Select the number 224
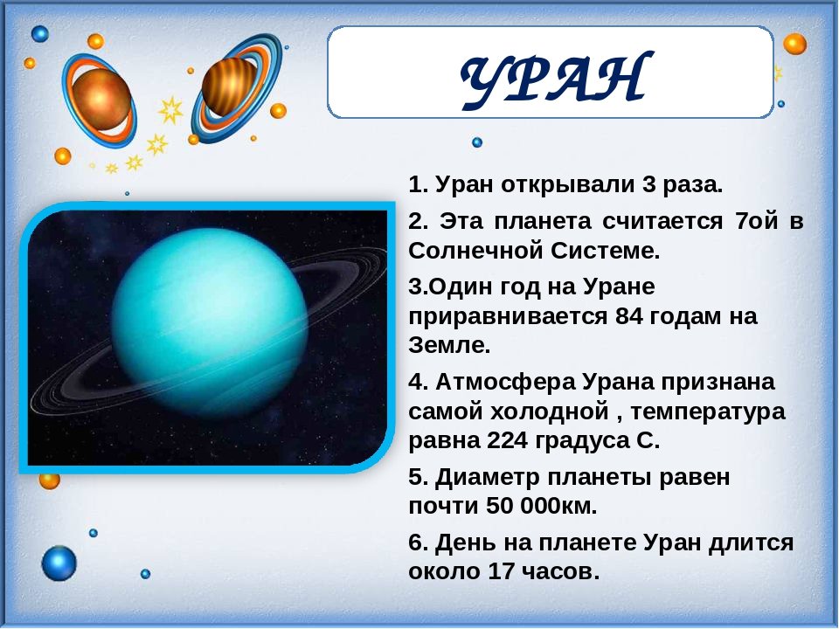tap(507, 440)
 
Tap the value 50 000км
tap(541, 506)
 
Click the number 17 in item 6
tap(501, 571)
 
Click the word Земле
tap(449, 346)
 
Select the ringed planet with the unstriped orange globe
tap(100, 100)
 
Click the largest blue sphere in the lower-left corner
tap(59, 563)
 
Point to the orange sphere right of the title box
tap(794, 44)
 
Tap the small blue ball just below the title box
tap(477, 142)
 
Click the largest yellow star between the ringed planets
tap(170, 109)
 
